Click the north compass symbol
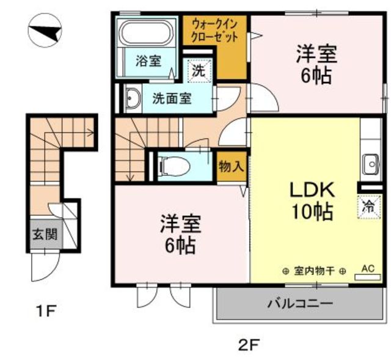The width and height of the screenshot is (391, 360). pyautogui.click(x=45, y=31)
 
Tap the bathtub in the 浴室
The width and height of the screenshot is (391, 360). pyautogui.click(x=147, y=34)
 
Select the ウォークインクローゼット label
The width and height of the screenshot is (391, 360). pyautogui.click(x=214, y=31)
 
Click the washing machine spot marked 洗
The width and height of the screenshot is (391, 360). pyautogui.click(x=199, y=71)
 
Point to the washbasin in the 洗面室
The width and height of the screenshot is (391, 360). pyautogui.click(x=133, y=98)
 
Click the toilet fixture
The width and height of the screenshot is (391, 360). pyautogui.click(x=175, y=166)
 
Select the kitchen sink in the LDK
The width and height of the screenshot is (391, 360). pyautogui.click(x=371, y=164)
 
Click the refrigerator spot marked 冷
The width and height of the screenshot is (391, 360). pyautogui.click(x=369, y=207)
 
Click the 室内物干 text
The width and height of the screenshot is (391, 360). pyautogui.click(x=314, y=271)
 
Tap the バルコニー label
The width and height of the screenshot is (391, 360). pyautogui.click(x=301, y=304)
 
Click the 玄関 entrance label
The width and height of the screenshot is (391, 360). pyautogui.click(x=45, y=235)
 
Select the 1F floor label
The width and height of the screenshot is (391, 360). pyautogui.click(x=46, y=310)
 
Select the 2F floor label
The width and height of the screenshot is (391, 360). pyautogui.click(x=249, y=345)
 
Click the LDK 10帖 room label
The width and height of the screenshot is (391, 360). pyautogui.click(x=312, y=201)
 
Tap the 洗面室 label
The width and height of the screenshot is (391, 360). pyautogui.click(x=172, y=98)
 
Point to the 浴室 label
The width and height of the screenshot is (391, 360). pyautogui.click(x=148, y=61)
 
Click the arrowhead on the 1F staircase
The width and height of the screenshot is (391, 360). pyautogui.click(x=91, y=133)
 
